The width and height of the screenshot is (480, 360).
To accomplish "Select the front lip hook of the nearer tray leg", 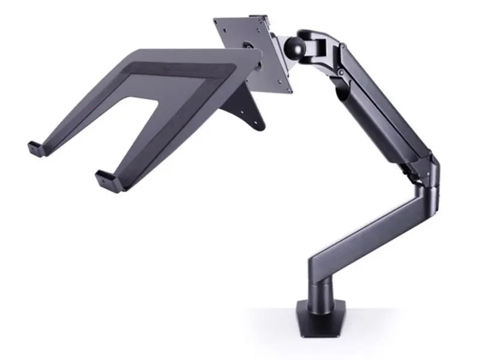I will click(106, 178).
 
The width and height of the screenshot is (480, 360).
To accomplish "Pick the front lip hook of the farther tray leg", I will click(35, 147).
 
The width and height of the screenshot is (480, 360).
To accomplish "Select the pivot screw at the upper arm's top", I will click(340, 73).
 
